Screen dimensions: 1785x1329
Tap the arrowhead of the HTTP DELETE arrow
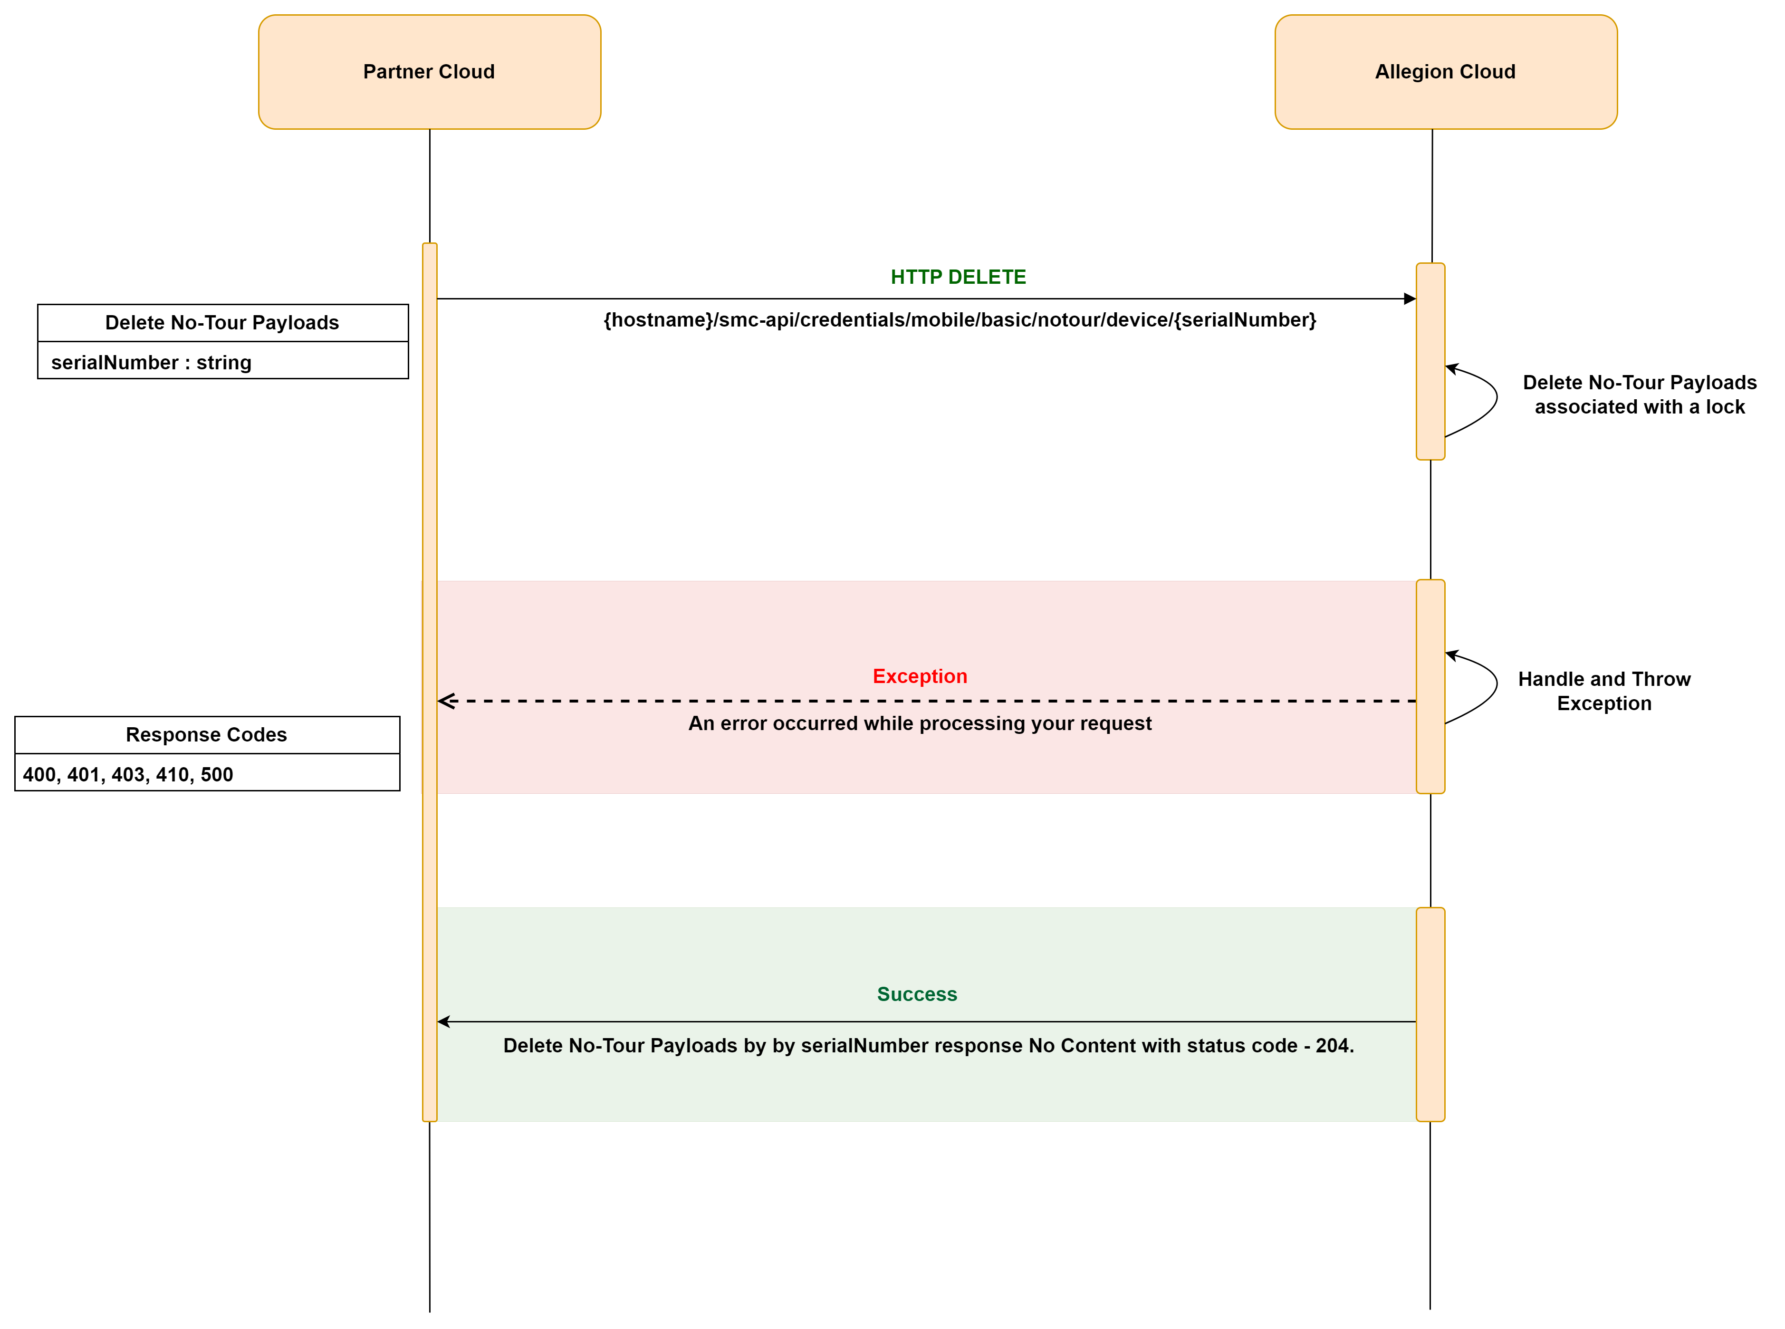click(x=1410, y=299)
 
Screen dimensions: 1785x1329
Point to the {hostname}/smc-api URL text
click(x=959, y=320)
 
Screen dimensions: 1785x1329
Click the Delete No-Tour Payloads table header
click(x=223, y=323)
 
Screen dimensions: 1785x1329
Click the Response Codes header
click(x=207, y=734)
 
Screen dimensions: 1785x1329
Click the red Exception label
click(x=920, y=676)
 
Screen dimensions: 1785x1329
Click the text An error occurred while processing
click(x=920, y=723)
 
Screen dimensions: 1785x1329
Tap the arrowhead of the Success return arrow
click(x=442, y=1021)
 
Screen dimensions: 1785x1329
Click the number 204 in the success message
click(x=1332, y=1045)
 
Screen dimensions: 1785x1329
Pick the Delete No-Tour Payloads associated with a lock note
click(x=1640, y=394)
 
